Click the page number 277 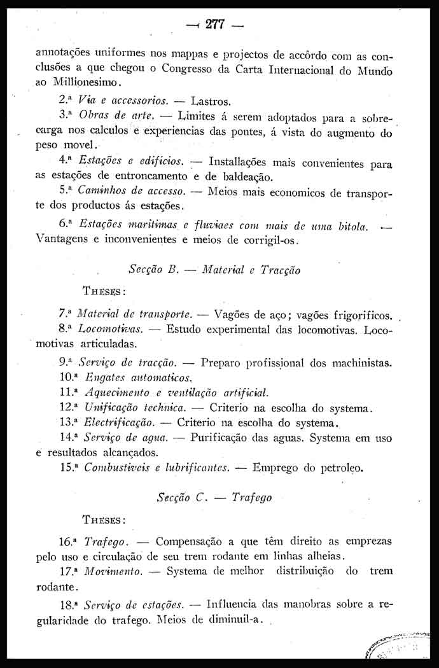(x=216, y=25)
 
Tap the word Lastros (x=210, y=101)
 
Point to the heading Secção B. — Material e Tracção (x=214, y=269)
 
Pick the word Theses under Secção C (x=103, y=520)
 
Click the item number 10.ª (x=67, y=379)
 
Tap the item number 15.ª (x=67, y=469)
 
